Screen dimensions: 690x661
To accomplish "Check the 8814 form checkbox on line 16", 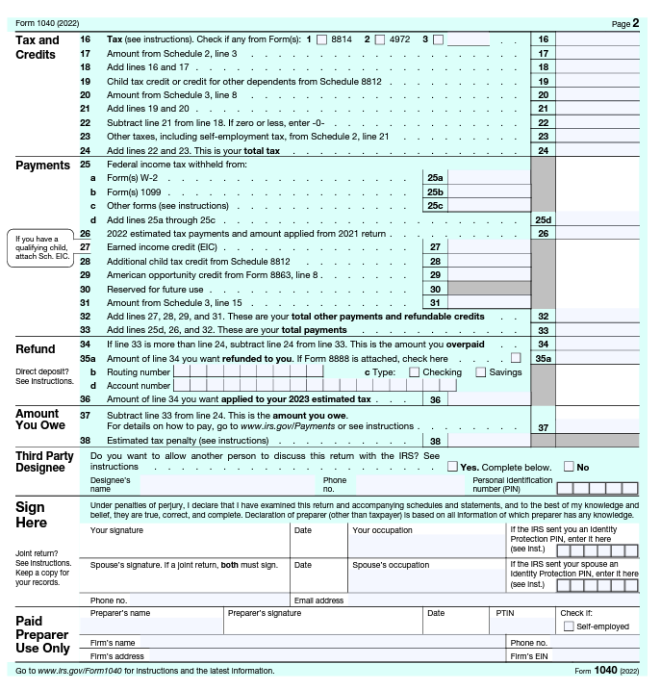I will [x=321, y=39].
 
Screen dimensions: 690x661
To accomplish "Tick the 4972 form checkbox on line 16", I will [x=380, y=39].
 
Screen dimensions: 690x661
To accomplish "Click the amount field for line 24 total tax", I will [x=597, y=151].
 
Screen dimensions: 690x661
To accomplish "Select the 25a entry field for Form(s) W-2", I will [x=489, y=178].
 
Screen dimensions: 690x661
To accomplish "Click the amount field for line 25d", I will [x=597, y=220].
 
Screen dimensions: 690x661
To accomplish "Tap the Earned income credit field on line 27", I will [x=489, y=247].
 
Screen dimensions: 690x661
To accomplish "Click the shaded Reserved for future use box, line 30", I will [x=489, y=289].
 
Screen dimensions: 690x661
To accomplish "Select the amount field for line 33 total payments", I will [x=597, y=330].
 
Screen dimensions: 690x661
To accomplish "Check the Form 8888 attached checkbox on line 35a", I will [x=517, y=358].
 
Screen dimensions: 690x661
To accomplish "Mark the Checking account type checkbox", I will [x=415, y=372].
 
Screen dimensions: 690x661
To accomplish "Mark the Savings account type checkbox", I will [x=481, y=372].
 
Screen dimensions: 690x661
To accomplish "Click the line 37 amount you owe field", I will [x=597, y=427].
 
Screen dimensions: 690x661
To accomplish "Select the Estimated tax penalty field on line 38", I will [x=489, y=441].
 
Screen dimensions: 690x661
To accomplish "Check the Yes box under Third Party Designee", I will [x=452, y=467].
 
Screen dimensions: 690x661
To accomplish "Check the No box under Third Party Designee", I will [x=570, y=467].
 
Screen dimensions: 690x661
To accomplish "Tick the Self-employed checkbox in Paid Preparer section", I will [x=569, y=626].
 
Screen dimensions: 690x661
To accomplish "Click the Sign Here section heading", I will [x=32, y=515].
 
